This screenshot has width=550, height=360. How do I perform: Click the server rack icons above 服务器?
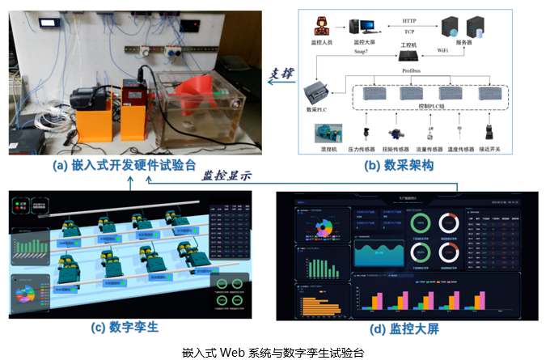[x=464, y=27]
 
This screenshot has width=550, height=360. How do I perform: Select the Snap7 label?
[x=363, y=52]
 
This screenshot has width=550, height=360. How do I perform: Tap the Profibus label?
[x=412, y=71]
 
